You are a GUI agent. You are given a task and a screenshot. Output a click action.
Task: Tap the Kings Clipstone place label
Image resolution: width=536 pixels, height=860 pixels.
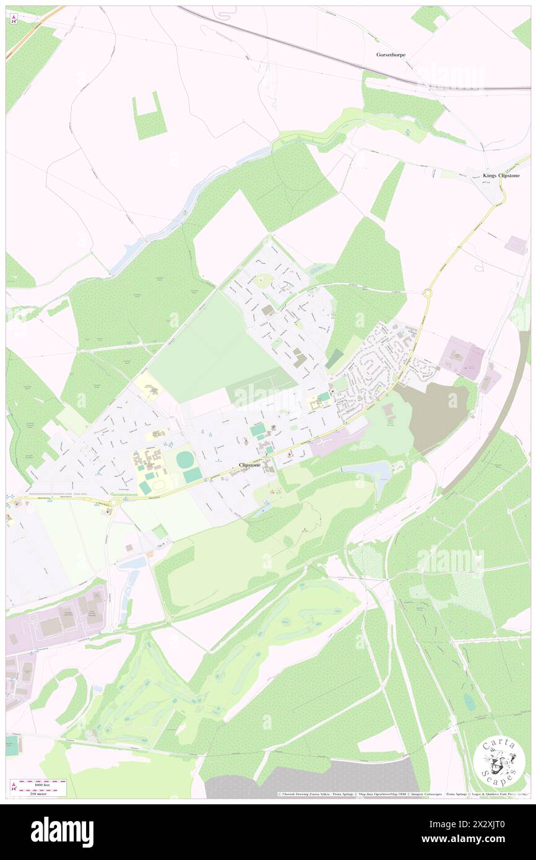pos(501,176)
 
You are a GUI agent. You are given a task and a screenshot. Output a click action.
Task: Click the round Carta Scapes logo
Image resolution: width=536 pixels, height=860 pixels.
pos(499,762)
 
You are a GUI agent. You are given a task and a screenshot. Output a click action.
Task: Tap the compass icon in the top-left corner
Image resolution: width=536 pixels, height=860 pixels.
pos(14,19)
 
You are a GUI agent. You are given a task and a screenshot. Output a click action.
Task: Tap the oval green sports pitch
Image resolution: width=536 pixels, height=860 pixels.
pos(184,460)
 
